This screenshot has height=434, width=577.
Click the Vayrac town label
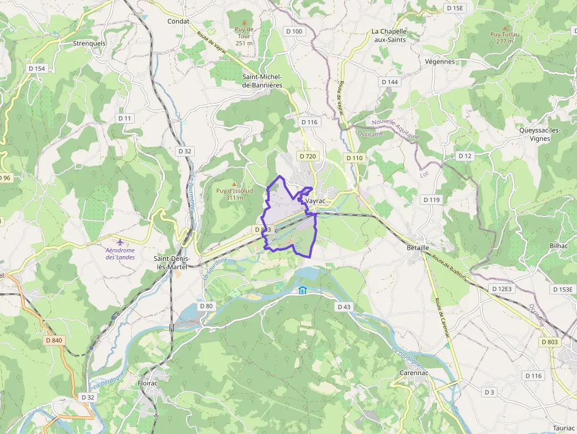point(316,201)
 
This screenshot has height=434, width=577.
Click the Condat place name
point(178,21)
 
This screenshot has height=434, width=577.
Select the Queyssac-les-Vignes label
point(539,134)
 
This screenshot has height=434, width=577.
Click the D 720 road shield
point(308,156)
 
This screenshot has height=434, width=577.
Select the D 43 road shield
point(344,307)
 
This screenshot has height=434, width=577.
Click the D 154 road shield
point(37,68)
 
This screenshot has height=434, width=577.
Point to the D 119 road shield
point(431,200)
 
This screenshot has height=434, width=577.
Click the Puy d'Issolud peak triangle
point(234,183)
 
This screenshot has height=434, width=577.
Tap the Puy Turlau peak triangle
point(505,27)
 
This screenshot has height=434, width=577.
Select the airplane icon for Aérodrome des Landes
point(120,242)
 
